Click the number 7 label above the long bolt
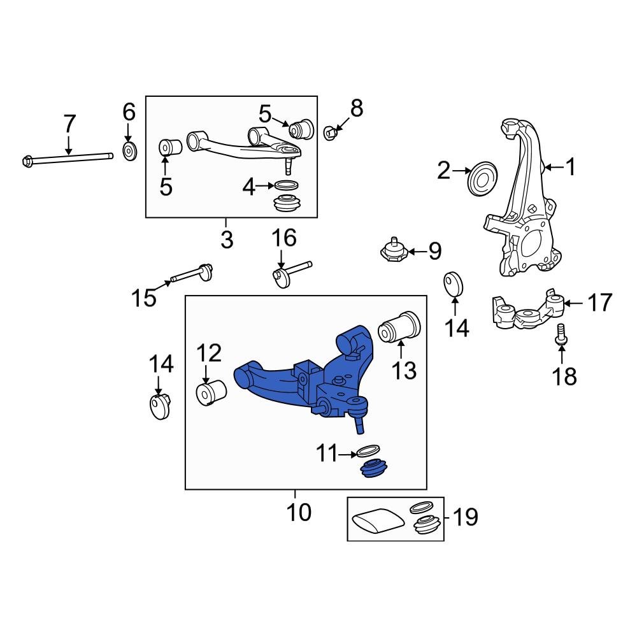69,123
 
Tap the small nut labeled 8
330,132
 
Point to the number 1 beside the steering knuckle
570,168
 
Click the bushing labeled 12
211,391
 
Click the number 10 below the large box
297,512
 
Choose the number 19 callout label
464,517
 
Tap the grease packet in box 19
378,520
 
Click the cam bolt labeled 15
190,275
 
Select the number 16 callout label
284,238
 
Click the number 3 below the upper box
227,240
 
